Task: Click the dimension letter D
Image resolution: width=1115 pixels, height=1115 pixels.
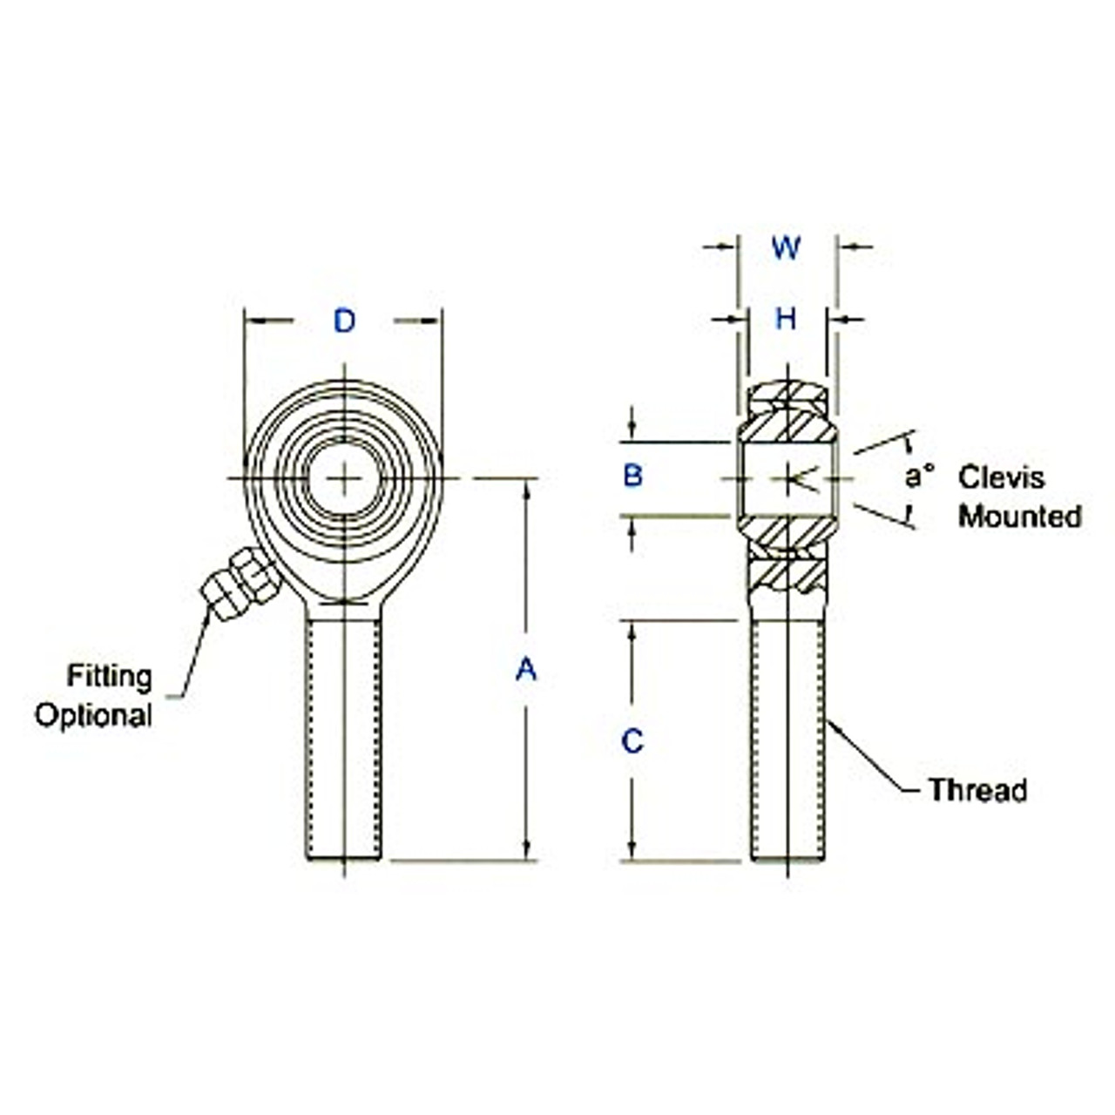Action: click(345, 321)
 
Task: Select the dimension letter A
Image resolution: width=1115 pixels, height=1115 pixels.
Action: click(525, 669)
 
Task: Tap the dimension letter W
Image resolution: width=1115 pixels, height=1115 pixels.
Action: click(786, 248)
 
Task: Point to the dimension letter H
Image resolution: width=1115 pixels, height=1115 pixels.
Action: click(786, 320)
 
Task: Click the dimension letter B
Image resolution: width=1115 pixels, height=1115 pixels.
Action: click(633, 476)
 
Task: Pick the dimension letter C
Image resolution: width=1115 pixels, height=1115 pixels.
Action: click(632, 741)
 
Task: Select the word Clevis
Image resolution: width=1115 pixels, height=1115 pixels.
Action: click(1001, 477)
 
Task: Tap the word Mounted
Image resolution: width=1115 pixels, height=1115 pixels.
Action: click(1020, 516)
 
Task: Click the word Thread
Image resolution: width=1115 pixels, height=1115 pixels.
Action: click(977, 790)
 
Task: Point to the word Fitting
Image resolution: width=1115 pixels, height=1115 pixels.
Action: click(110, 676)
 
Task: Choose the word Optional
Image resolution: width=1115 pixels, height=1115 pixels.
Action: click(93, 715)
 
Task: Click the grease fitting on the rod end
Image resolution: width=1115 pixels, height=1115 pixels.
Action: click(239, 584)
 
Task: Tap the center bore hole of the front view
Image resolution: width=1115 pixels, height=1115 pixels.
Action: click(345, 478)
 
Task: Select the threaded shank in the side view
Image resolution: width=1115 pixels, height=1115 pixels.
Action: click(787, 740)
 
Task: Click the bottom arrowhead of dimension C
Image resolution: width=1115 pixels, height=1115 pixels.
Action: click(632, 852)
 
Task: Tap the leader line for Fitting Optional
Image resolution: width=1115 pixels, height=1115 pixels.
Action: click(193, 653)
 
